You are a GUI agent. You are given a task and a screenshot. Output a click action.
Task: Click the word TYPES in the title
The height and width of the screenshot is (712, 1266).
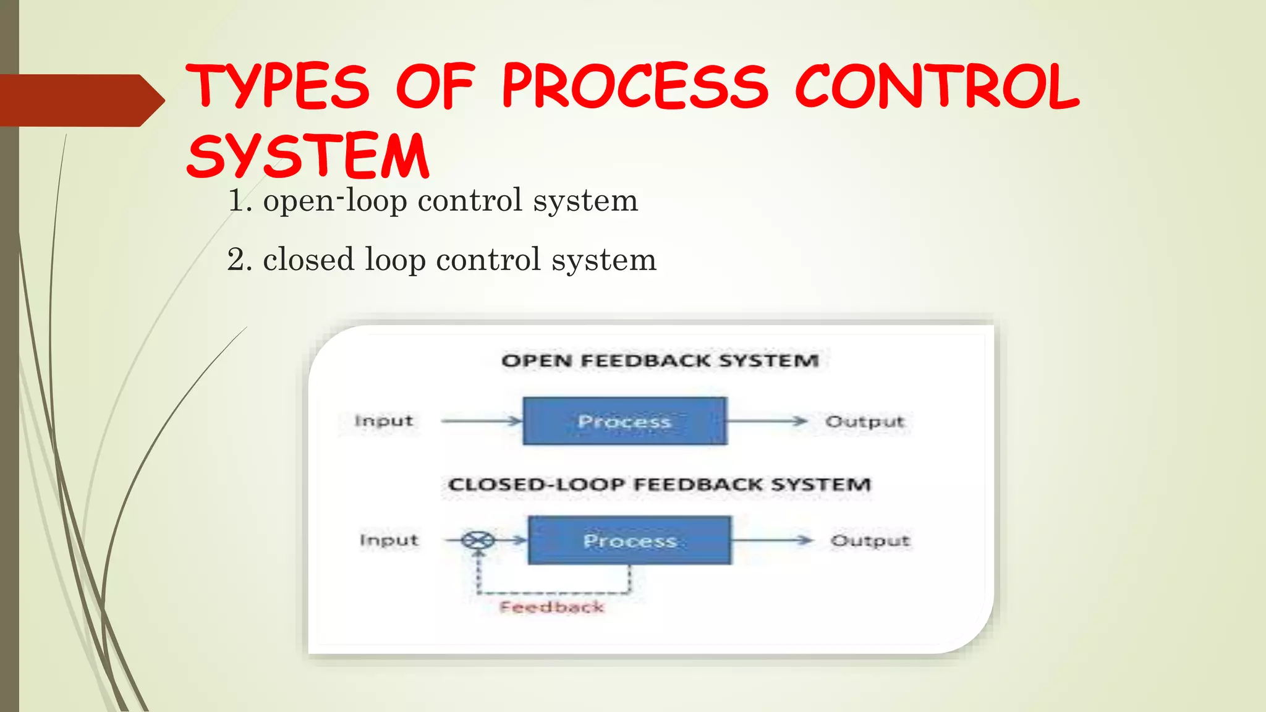pos(278,87)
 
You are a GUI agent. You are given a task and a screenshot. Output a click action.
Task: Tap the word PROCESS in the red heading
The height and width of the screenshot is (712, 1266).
pos(635,87)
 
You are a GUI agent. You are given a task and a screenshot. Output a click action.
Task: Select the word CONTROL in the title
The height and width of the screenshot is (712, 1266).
pos(937,87)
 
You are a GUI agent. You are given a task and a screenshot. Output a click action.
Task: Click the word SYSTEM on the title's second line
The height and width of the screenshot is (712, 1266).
pos(307,156)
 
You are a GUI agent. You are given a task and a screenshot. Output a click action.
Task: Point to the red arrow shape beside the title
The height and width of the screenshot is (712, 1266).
pos(80,100)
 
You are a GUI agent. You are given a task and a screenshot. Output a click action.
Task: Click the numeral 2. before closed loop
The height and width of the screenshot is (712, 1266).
pos(240,260)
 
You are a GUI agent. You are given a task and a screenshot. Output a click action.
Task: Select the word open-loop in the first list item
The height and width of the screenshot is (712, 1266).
pos(334,201)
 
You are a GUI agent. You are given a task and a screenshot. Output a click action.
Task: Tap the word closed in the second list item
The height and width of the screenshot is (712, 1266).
pos(308,260)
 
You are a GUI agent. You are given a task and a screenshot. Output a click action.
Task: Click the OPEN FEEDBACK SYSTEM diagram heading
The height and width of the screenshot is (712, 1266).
pos(660,360)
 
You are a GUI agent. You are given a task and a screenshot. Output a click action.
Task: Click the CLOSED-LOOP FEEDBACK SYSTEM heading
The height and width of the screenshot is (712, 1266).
pos(659,484)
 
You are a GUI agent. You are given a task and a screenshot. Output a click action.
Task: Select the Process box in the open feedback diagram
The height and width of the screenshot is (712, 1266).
pos(624,421)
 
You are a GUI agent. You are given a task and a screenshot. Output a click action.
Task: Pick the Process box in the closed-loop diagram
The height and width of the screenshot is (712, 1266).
pos(629,540)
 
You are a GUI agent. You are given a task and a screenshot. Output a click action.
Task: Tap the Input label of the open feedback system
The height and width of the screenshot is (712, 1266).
pos(383,421)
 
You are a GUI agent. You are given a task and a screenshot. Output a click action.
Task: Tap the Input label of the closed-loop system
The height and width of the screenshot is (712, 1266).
pos(389,540)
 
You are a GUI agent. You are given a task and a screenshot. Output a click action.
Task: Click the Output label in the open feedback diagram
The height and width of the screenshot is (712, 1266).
pos(864,422)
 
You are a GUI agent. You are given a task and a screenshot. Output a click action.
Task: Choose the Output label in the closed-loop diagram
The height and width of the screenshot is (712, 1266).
pos(870,541)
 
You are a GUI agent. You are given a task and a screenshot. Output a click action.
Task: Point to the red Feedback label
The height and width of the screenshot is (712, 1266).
pos(551,607)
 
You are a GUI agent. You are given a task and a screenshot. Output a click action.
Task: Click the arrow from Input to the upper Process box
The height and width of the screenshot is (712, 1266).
pos(482,421)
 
